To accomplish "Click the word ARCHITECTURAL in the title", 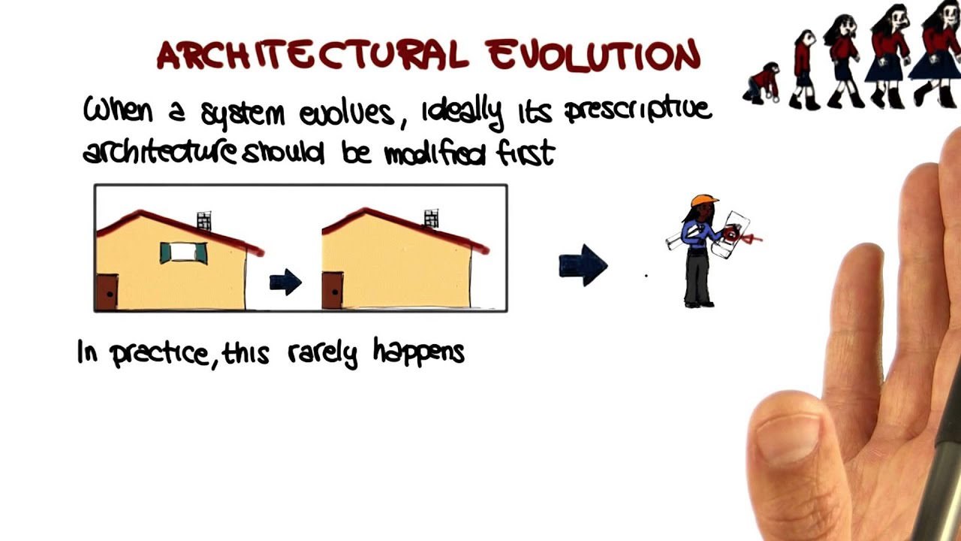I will click(312, 55).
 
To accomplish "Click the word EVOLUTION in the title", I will click(592, 55).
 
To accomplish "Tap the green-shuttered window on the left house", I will click(183, 252).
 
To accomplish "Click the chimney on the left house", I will click(204, 220).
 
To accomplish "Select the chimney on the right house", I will click(431, 218).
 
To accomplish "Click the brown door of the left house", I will click(107, 292).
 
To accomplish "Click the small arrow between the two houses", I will click(285, 283).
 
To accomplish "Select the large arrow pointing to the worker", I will click(583, 265).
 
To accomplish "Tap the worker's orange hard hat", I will click(703, 201).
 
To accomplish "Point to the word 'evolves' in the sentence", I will click(346, 114).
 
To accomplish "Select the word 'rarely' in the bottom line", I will click(322, 353).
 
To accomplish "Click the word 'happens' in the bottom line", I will click(419, 353).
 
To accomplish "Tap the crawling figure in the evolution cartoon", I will click(761, 83).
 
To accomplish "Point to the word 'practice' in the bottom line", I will click(160, 353).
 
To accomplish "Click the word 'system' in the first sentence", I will click(243, 115).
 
